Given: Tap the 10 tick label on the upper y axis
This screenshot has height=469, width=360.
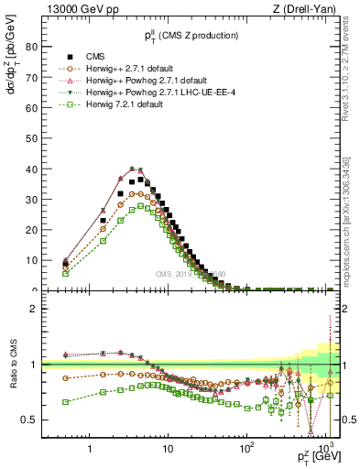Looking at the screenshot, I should click(x=30, y=260).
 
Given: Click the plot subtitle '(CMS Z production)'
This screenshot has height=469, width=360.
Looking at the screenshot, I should click(x=197, y=35).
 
